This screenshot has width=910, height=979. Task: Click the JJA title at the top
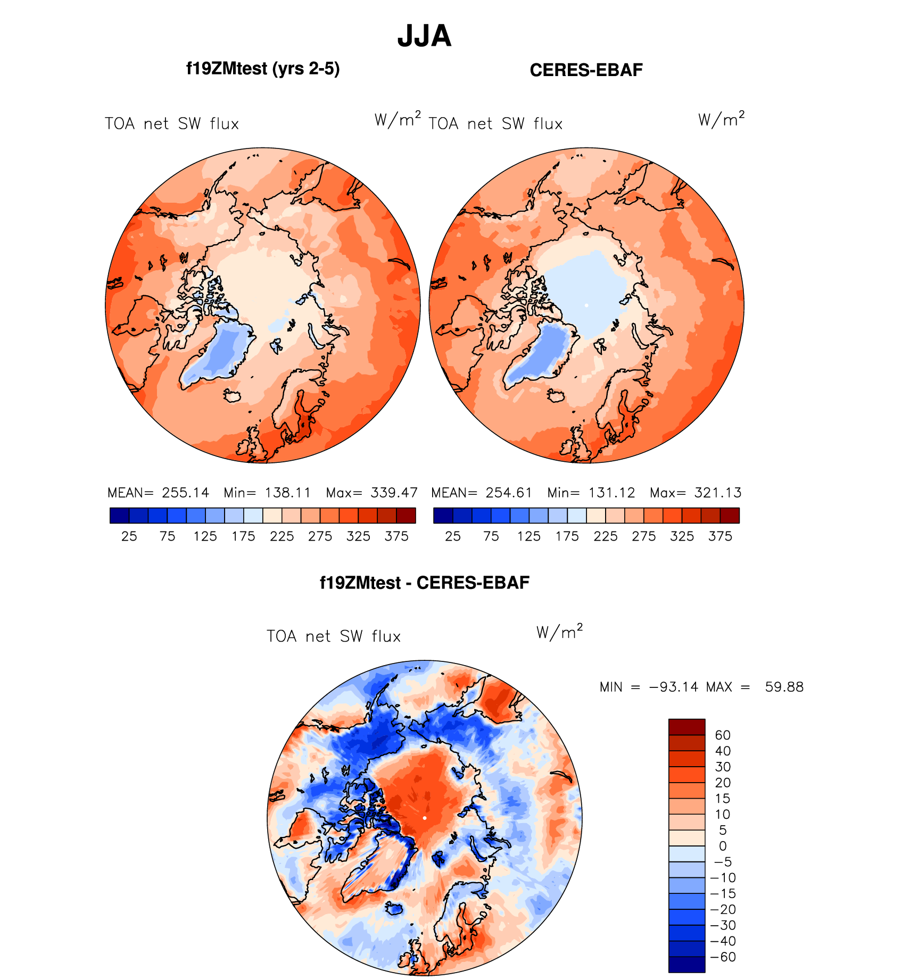(x=424, y=36)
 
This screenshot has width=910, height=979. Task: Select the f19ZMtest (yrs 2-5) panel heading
(x=263, y=69)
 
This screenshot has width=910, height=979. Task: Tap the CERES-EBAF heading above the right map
(x=586, y=70)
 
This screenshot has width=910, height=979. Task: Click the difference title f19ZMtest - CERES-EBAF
(x=424, y=583)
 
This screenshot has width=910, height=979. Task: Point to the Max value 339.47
(x=394, y=493)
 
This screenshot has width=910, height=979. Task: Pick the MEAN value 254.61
(x=509, y=493)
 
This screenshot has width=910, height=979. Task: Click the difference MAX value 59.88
(x=784, y=687)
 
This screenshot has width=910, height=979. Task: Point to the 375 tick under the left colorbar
(x=396, y=536)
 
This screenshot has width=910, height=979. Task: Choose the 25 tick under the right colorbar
(x=453, y=536)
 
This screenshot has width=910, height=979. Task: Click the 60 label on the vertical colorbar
(x=723, y=735)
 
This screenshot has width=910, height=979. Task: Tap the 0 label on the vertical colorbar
(x=723, y=846)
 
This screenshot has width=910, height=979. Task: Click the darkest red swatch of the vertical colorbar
(x=686, y=727)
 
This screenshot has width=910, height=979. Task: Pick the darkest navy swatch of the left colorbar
(x=119, y=516)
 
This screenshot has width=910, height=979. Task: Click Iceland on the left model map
(x=233, y=396)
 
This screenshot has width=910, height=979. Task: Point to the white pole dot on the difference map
(x=425, y=818)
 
